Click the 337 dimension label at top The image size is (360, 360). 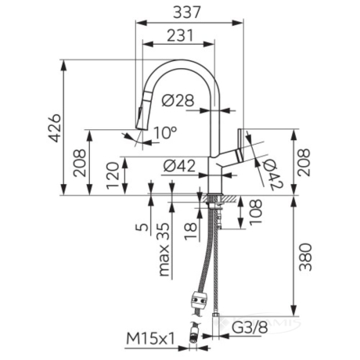187,12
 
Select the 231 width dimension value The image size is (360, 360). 180,35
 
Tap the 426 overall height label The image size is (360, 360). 55,128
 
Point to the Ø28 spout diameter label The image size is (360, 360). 178,100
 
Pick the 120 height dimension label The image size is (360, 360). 113,175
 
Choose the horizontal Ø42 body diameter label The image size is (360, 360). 179,166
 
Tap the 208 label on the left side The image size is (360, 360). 79,163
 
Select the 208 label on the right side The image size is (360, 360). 304,162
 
